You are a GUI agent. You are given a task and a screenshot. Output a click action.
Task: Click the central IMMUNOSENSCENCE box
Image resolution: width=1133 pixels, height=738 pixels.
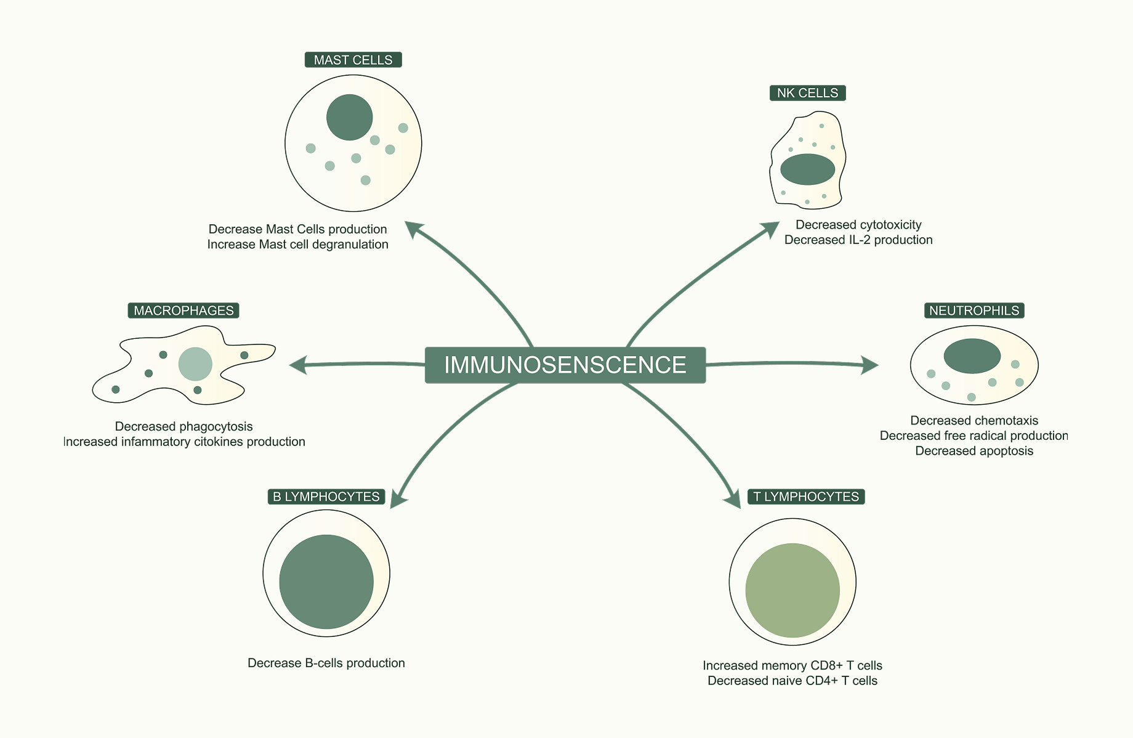click(565, 365)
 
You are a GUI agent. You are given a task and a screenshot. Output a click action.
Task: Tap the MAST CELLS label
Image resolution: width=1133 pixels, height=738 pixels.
click(353, 60)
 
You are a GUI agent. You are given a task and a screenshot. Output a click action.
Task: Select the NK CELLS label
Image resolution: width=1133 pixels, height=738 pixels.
click(807, 93)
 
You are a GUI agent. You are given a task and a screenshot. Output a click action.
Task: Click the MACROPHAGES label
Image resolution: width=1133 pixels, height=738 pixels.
click(183, 310)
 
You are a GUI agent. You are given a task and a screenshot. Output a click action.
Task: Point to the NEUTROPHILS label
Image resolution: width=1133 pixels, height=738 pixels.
click(974, 310)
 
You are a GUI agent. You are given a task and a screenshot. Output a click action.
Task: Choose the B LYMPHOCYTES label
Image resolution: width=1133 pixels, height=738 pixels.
click(326, 497)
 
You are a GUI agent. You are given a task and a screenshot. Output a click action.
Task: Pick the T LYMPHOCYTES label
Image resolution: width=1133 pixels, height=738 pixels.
click(805, 497)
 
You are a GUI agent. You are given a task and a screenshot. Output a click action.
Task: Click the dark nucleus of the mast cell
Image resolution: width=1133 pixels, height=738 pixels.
click(349, 117)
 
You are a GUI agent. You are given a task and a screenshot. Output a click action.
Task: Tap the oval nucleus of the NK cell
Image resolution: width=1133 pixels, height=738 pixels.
click(807, 169)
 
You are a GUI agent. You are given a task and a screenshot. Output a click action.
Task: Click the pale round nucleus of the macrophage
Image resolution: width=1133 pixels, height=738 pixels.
click(195, 364)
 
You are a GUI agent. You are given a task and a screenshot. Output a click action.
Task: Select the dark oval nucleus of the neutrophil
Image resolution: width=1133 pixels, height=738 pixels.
click(972, 356)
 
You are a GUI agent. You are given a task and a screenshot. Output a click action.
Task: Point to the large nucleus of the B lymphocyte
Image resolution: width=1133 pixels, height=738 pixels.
click(326, 582)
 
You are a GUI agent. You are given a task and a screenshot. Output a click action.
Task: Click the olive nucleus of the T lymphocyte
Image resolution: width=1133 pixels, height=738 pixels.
click(792, 590)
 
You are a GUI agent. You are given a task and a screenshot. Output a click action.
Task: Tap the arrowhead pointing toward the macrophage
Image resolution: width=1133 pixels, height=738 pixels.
click(297, 365)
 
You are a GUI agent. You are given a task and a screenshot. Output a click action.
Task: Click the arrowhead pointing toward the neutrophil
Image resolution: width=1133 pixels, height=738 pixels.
click(871, 365)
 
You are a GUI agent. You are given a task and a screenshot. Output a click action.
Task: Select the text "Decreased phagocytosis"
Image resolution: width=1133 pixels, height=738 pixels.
click(183, 426)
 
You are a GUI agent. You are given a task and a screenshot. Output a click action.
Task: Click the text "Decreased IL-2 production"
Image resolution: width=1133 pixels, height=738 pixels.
click(858, 240)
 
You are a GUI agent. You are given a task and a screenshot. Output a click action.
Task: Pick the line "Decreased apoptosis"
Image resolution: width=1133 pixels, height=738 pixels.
click(974, 451)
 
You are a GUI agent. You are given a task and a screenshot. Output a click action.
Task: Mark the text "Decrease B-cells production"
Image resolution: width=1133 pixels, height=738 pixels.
click(326, 663)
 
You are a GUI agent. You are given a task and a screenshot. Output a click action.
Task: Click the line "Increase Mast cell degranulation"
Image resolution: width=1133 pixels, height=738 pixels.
click(297, 245)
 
